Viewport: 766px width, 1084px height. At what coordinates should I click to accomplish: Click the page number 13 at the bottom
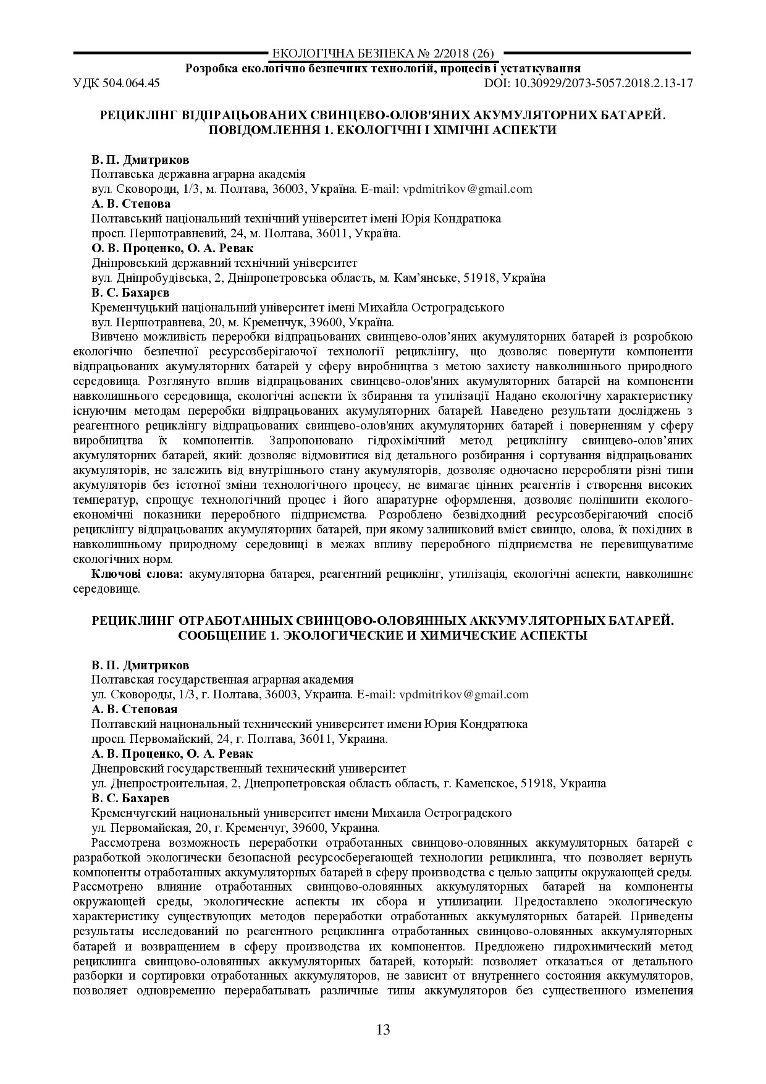382,1030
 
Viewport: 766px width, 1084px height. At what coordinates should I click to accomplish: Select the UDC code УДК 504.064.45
116,83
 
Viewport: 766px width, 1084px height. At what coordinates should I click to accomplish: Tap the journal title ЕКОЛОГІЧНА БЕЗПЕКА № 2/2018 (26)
382,54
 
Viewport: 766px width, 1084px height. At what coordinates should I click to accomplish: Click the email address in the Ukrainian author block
467,189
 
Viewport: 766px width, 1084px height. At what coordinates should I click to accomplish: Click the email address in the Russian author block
464,694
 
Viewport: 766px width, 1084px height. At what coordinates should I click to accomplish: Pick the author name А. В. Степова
131,204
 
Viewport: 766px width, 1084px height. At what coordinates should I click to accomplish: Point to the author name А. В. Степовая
134,709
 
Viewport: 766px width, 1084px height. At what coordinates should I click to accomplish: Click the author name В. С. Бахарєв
130,293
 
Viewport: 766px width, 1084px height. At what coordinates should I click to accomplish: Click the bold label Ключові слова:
137,575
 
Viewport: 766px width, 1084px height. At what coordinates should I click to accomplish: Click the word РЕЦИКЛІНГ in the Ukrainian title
135,116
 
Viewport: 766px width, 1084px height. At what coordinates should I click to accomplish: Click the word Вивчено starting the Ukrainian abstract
111,337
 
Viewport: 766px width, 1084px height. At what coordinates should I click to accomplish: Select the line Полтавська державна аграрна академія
198,174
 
